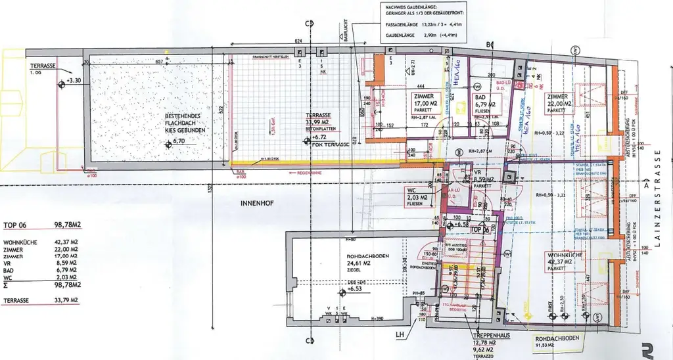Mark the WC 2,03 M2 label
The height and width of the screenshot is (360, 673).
pyautogui.click(x=418, y=197)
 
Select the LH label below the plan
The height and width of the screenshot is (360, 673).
pyautogui.click(x=400, y=335)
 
